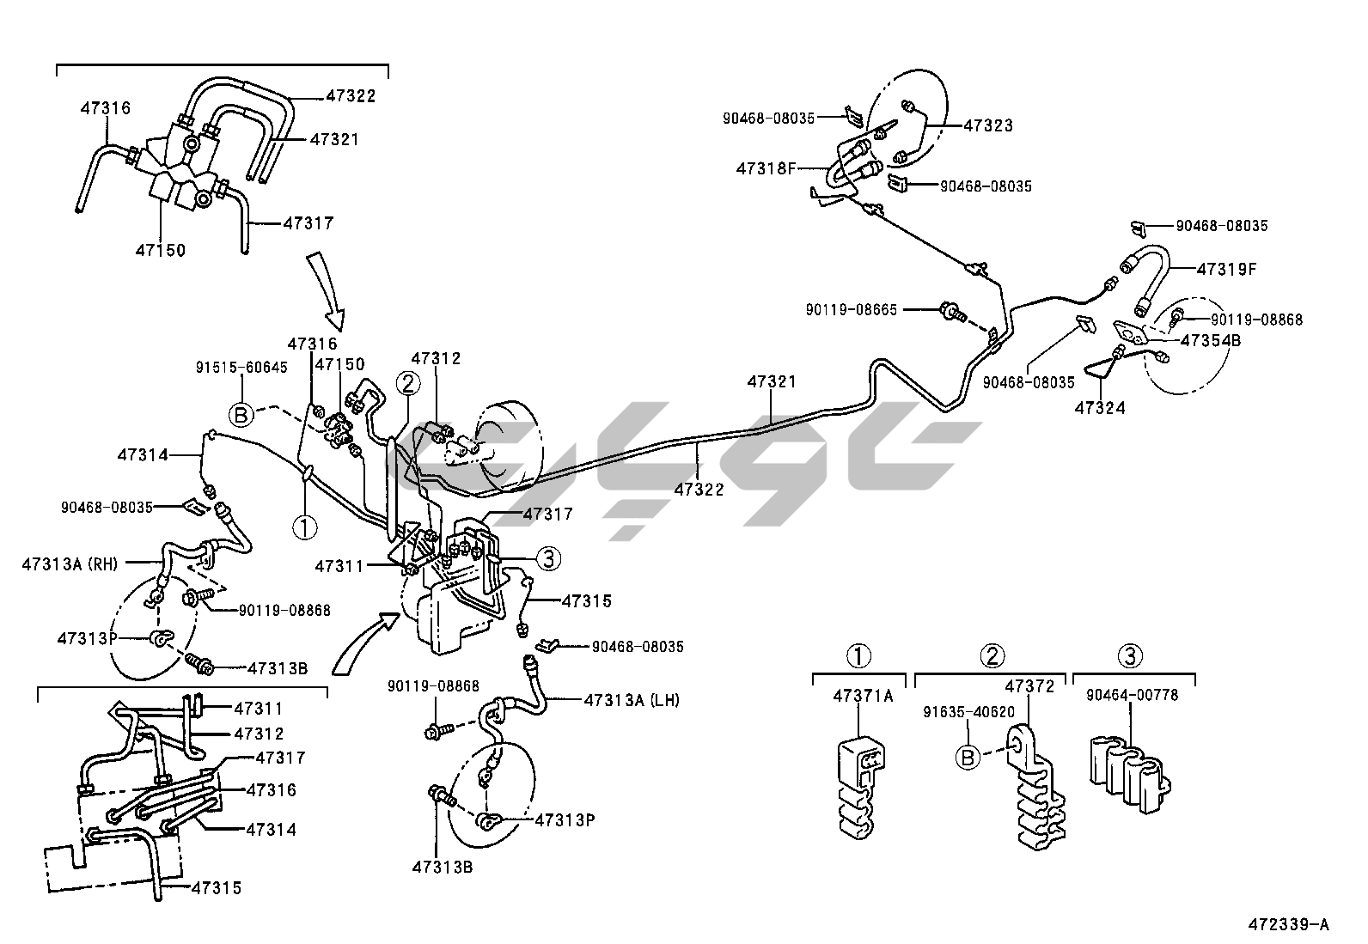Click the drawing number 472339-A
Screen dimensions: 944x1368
(x=1288, y=924)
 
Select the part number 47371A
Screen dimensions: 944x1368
(x=862, y=696)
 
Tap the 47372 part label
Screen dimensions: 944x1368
(x=1029, y=686)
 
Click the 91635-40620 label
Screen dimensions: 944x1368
(x=968, y=712)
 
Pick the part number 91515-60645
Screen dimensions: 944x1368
(x=242, y=367)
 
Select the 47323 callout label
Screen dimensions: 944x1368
(x=987, y=125)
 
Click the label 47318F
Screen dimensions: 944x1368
(x=766, y=168)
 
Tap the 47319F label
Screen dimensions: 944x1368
(x=1226, y=269)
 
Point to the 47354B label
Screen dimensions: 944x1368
(x=1210, y=340)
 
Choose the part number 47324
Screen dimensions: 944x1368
(x=1099, y=408)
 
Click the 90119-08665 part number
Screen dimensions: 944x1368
(x=852, y=309)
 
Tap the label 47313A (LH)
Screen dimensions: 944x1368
(x=632, y=700)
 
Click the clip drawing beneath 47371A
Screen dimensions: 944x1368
(x=862, y=783)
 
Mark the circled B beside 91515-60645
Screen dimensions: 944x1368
(x=241, y=415)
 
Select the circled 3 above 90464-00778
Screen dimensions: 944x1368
(x=1130, y=657)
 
